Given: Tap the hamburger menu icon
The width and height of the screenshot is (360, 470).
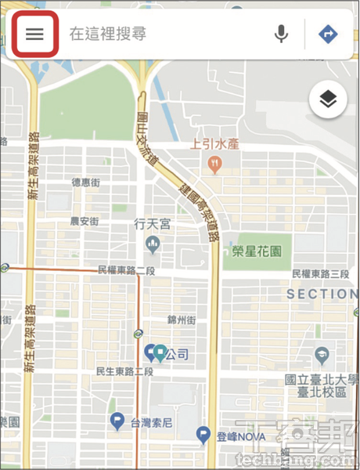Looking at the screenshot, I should [x=34, y=34].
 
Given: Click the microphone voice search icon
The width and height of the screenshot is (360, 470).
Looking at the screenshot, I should [x=281, y=34].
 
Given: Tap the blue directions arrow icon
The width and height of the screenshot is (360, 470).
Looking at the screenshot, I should [x=327, y=34].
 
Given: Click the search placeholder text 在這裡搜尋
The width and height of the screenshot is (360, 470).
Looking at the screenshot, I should [x=107, y=34].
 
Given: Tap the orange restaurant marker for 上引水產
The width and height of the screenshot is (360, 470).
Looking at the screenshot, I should [x=214, y=164].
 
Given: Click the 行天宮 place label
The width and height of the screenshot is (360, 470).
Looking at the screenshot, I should [x=152, y=224].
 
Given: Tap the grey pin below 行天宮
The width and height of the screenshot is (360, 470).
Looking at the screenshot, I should [x=153, y=248].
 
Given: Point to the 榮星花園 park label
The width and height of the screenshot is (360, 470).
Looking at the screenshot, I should [x=259, y=252].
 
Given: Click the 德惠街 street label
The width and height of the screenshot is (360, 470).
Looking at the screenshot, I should [x=87, y=182].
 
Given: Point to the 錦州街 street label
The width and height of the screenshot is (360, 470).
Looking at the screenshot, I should [x=182, y=320].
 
